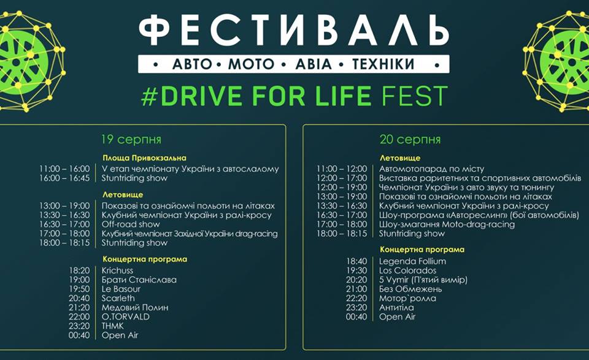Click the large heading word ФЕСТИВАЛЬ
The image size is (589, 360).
(294, 31)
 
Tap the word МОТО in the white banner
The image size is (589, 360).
(252, 64)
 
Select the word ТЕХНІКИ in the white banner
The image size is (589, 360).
(383, 64)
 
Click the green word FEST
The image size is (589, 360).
(414, 96)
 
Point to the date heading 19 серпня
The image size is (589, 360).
(131, 140)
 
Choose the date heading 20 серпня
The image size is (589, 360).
(410, 140)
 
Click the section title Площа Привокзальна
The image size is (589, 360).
(144, 158)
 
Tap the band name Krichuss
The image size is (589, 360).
(117, 270)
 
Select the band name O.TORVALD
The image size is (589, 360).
(125, 316)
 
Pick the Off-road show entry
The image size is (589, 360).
(131, 224)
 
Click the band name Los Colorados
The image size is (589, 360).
(407, 270)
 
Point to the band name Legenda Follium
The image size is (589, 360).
(412, 261)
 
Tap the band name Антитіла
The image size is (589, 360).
(396, 307)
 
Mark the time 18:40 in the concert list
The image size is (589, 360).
(356, 261)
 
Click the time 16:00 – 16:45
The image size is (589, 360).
(64, 178)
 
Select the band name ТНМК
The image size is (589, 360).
(113, 326)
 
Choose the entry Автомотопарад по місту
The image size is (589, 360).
(431, 169)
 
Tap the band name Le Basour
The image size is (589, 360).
(121, 289)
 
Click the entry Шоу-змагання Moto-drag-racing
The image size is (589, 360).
(447, 224)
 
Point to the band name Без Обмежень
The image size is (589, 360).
(410, 289)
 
